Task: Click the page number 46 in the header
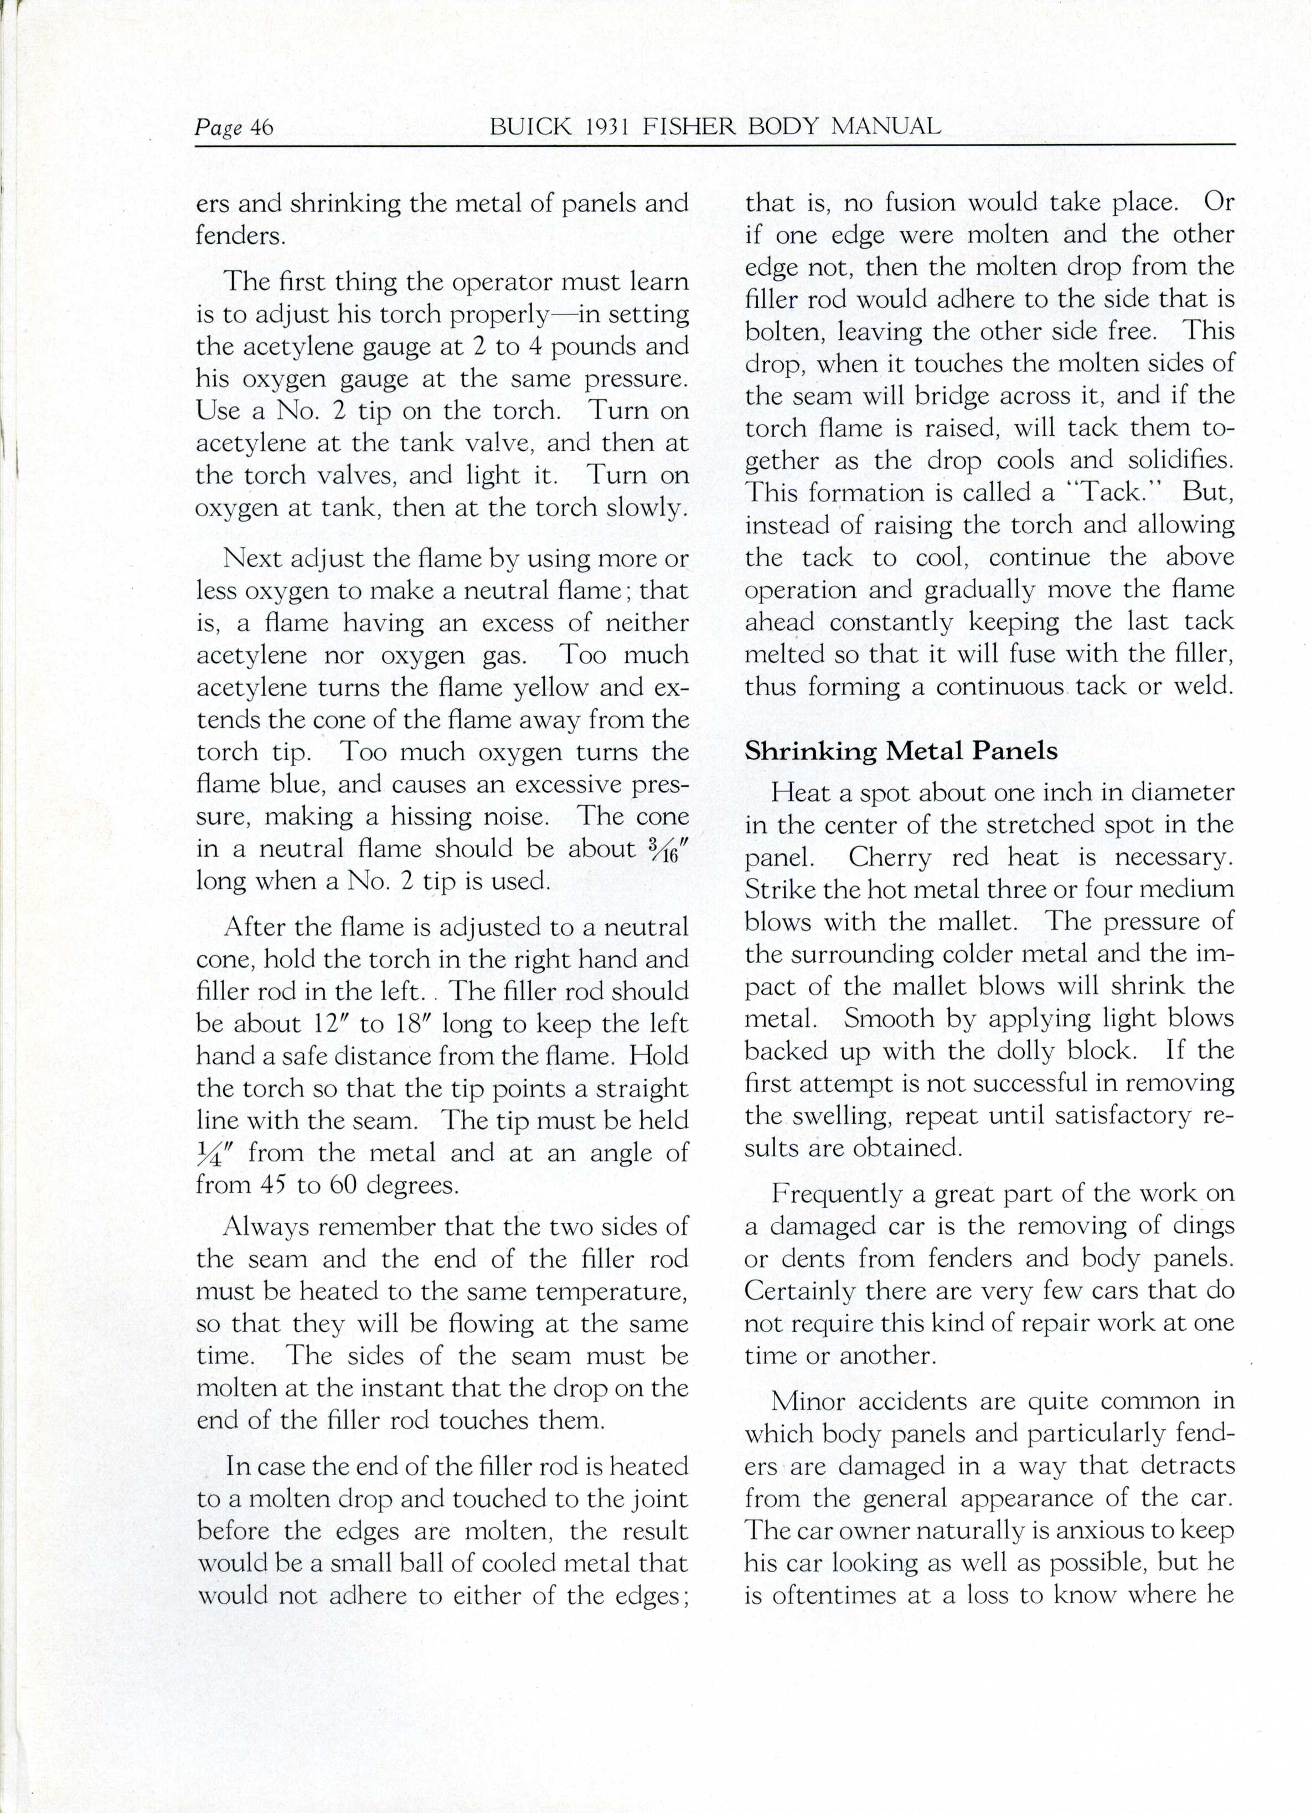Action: (x=261, y=128)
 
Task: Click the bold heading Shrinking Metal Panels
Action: (x=901, y=751)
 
